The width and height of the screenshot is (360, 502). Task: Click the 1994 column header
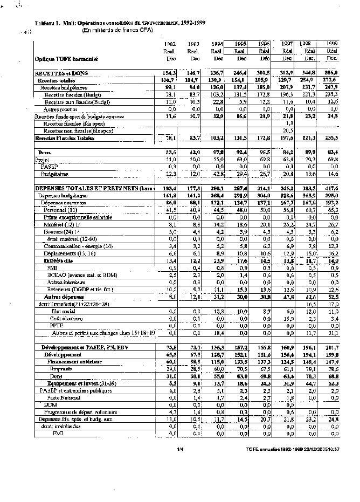[218, 44]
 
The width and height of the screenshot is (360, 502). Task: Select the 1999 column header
[332, 44]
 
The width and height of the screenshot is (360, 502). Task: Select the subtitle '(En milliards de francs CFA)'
[113, 31]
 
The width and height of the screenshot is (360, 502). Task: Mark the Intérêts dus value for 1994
[217, 260]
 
